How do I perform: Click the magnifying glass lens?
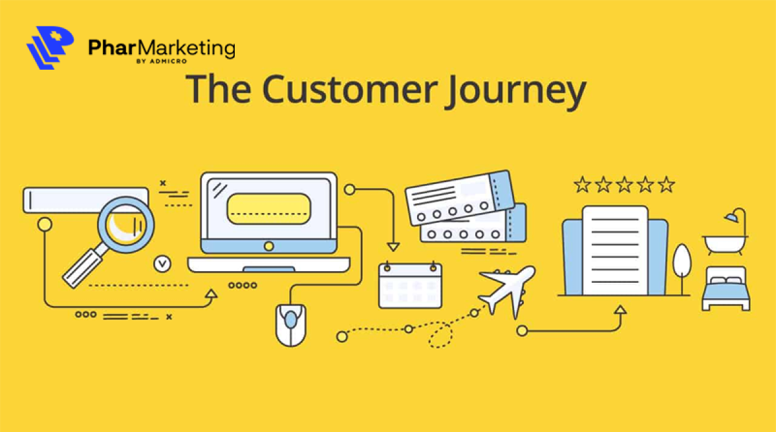126,223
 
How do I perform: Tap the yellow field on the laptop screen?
268,208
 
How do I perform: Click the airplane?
508,291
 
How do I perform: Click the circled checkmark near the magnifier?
162,263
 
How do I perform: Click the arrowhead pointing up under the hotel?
620,309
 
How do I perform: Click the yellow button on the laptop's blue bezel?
268,246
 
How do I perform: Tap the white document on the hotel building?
614,249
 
